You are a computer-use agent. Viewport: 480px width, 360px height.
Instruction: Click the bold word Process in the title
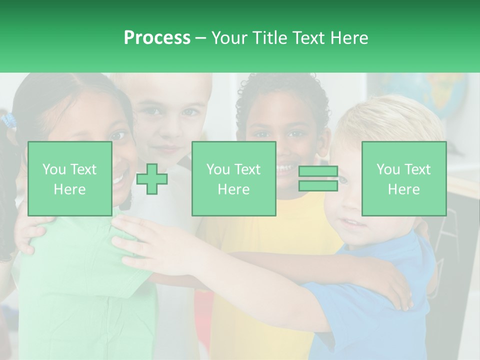point(157,38)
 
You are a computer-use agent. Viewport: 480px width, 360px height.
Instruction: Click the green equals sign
point(318,178)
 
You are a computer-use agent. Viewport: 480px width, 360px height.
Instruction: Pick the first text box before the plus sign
point(69,178)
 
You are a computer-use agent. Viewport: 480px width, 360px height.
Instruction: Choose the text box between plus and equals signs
point(233,178)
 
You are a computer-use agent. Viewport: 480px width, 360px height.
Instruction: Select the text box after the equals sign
point(403,178)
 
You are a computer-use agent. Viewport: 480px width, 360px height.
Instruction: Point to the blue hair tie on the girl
point(8,120)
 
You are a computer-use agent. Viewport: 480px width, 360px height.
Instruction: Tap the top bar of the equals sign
point(318,171)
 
